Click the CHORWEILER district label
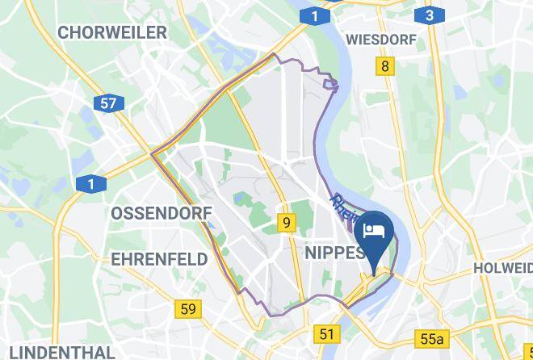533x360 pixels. [x=112, y=33]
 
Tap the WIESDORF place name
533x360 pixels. [x=380, y=39]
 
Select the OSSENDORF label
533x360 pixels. [x=162, y=214]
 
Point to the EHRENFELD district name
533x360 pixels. [x=159, y=259]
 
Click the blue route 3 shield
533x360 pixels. [x=429, y=15]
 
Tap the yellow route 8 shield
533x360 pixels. [x=385, y=66]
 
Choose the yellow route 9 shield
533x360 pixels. [x=287, y=223]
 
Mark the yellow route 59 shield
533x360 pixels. [x=187, y=308]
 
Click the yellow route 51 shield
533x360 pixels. [x=326, y=333]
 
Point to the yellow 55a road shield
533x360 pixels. [x=433, y=337]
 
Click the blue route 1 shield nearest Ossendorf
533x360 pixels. [x=91, y=185]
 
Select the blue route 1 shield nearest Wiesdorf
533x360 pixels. [x=314, y=15]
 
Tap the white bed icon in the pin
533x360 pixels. [x=374, y=231]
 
